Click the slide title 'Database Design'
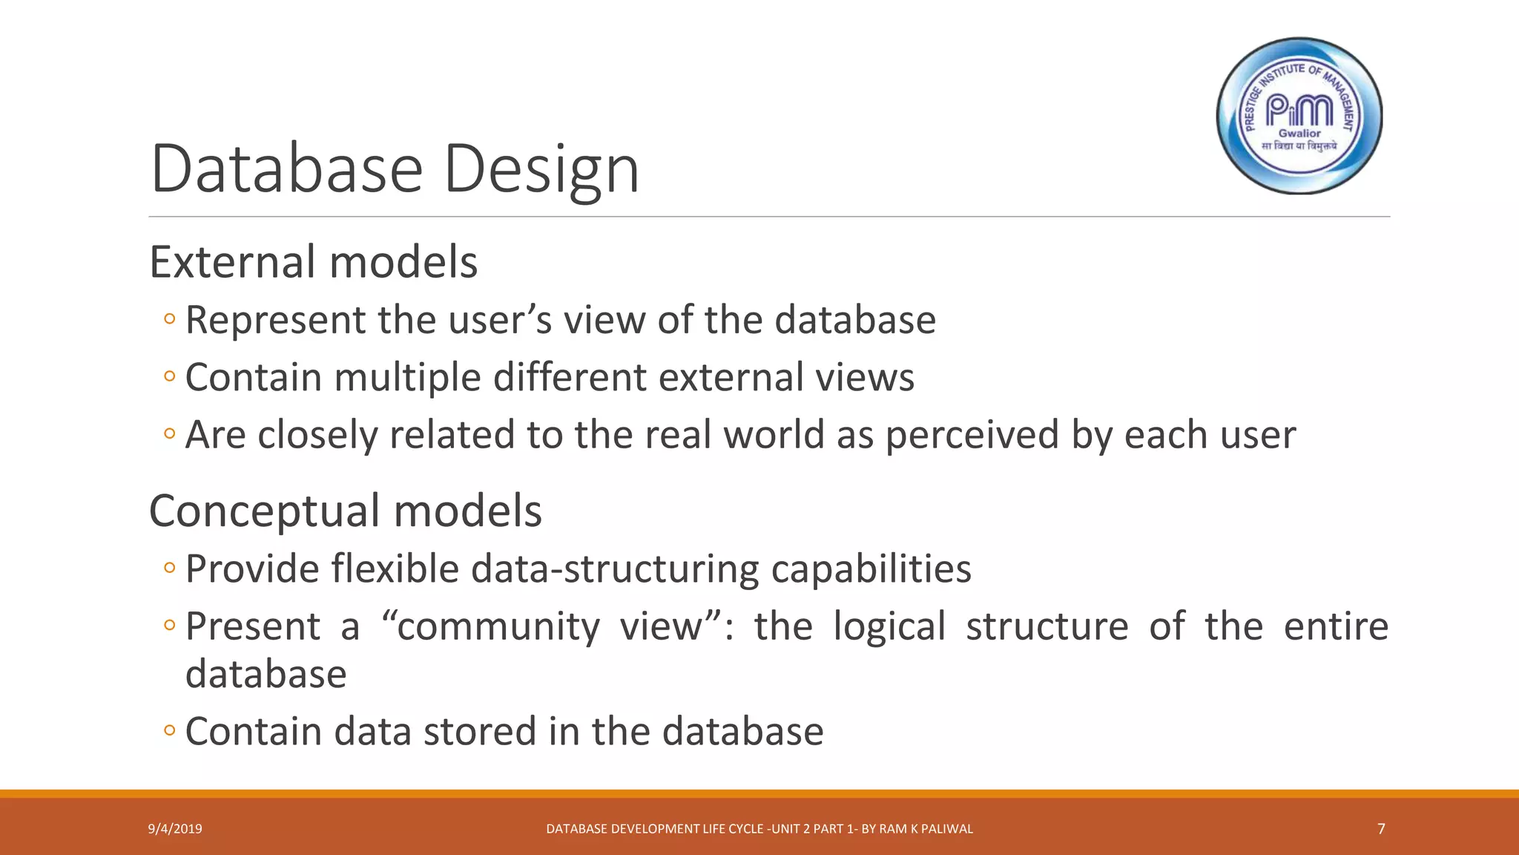[395, 168]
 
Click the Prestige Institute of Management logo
[1299, 116]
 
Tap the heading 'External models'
[314, 262]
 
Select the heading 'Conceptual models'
[346, 511]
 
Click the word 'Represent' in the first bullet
[275, 321]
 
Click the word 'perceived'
[972, 436]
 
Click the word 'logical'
[889, 626]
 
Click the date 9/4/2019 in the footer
[175, 829]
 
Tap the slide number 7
[1381, 829]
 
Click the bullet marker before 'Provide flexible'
[170, 569]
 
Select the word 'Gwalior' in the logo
[1299, 134]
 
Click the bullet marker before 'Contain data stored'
[170, 731]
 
